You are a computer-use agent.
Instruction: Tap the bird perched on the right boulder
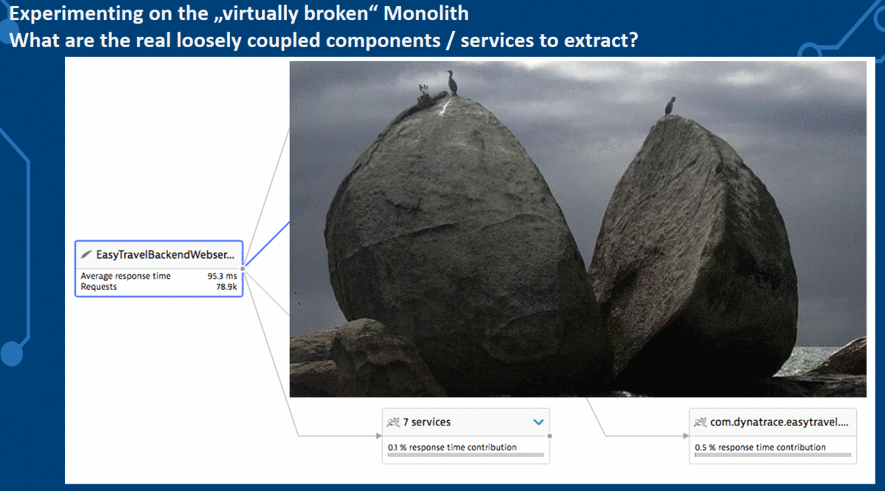[x=670, y=105]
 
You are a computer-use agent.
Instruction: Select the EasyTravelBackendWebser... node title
[x=165, y=255]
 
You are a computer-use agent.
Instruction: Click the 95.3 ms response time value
[x=222, y=276]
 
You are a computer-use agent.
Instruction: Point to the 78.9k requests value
[x=226, y=287]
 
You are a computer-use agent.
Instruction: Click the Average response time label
[x=125, y=276]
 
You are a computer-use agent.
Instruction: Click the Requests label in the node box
[x=99, y=287]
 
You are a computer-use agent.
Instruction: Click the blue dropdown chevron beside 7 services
[x=538, y=422]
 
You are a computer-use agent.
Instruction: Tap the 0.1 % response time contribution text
[x=452, y=447]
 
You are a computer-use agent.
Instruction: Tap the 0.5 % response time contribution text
[x=760, y=447]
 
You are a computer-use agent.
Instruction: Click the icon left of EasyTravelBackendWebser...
[x=87, y=255]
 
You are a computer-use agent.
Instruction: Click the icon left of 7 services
[x=393, y=422]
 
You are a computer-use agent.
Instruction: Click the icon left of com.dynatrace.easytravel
[x=701, y=422]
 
